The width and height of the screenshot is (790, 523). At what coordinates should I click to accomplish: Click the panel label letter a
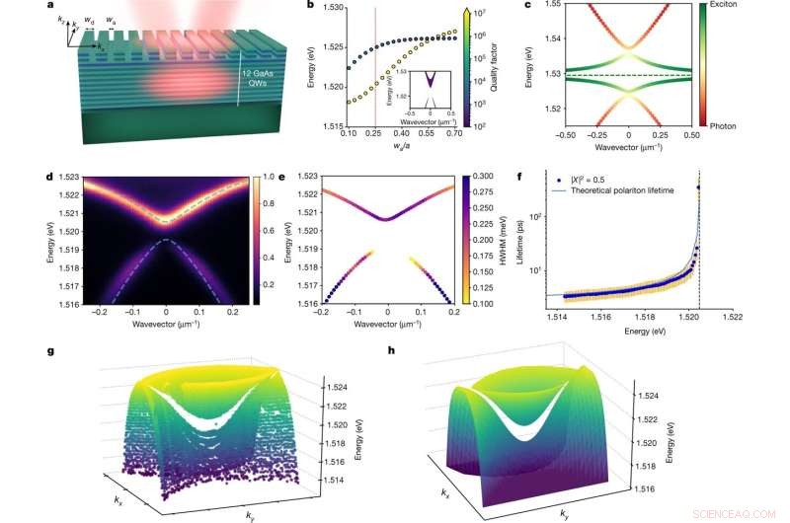tap(64, 7)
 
